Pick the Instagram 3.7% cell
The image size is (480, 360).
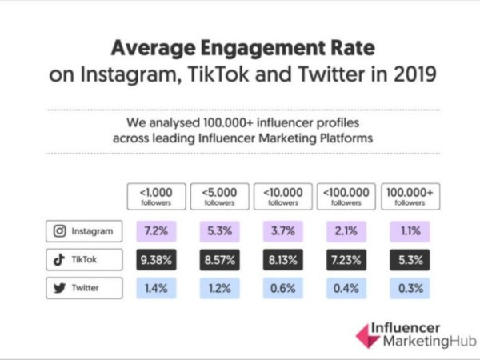pos(283,232)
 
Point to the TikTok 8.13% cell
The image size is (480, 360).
pos(283,260)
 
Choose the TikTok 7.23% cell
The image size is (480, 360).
pos(347,260)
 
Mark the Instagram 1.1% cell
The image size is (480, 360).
pos(411,232)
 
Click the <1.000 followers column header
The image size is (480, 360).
pos(155,197)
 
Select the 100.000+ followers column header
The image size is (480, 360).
pos(411,197)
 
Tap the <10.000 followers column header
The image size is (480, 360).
pos(283,197)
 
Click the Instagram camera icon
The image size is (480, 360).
pos(59,232)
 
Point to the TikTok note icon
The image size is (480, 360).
pos(59,260)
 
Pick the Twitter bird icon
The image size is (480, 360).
pos(59,286)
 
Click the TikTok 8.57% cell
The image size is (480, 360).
pos(218,260)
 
